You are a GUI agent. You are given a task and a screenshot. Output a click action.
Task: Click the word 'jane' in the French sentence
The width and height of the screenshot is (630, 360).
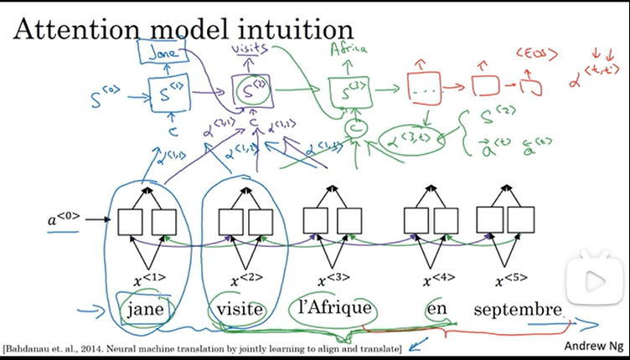click(148, 310)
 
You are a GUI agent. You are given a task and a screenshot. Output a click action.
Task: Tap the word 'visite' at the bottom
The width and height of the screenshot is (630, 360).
click(240, 310)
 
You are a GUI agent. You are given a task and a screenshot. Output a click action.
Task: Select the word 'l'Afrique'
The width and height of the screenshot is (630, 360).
click(335, 309)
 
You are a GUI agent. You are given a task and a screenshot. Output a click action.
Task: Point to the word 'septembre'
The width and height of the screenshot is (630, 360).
click(517, 310)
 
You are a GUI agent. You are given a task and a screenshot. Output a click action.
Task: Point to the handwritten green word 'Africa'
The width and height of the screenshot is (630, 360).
click(350, 49)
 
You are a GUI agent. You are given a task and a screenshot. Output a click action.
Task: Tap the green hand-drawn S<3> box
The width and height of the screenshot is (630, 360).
click(346, 90)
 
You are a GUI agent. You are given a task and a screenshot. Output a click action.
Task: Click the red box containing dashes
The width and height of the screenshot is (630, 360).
click(423, 86)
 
